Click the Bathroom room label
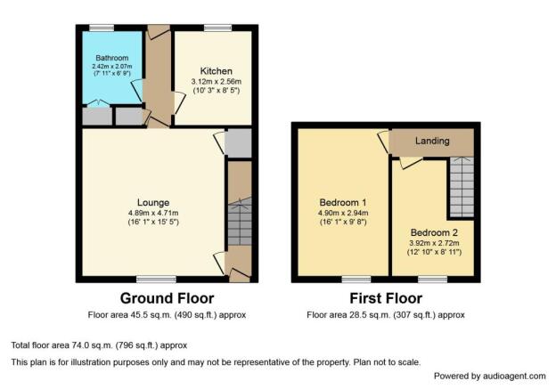[x=112, y=58]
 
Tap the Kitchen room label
[x=217, y=71]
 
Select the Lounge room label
[x=153, y=203]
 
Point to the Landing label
[x=432, y=141]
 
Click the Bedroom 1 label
[x=343, y=203]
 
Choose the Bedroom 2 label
[x=434, y=232]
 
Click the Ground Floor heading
[x=167, y=298]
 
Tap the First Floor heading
[x=386, y=298]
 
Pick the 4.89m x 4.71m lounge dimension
[x=153, y=214]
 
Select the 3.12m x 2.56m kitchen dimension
[x=217, y=82]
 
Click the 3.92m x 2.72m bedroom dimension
[x=434, y=243]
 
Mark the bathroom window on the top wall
[x=102, y=28]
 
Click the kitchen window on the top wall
[x=217, y=28]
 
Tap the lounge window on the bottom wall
[x=157, y=280]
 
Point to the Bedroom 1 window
[x=356, y=280]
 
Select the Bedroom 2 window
[x=433, y=280]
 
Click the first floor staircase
[x=462, y=187]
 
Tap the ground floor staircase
[x=240, y=221]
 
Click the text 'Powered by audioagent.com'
[x=490, y=377]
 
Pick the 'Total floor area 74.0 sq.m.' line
[x=99, y=345]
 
